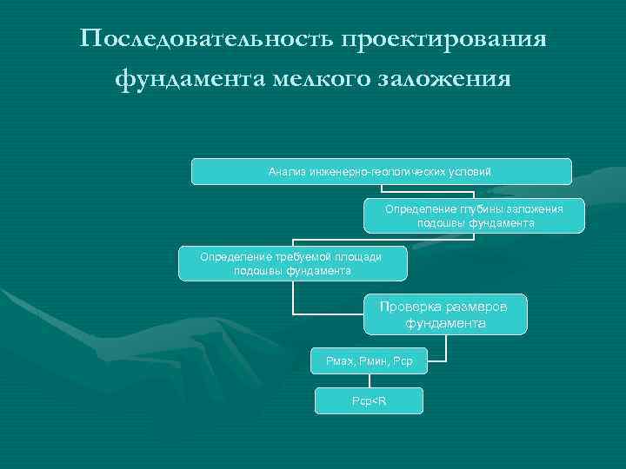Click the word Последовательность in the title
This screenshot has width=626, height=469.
(x=205, y=40)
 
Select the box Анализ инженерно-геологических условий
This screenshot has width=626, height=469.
(x=381, y=171)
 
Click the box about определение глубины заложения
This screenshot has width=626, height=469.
(x=474, y=215)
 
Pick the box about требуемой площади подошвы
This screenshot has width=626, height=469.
(x=292, y=263)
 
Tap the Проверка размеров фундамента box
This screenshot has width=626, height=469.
(x=445, y=314)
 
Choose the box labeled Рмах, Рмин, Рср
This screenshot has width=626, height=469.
(x=370, y=360)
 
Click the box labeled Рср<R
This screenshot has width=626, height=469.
(x=369, y=400)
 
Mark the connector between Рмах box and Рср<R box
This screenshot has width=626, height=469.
(x=369, y=380)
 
